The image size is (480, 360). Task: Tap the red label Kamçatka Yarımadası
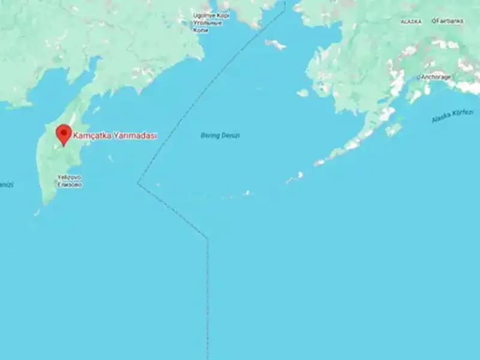click(x=115, y=136)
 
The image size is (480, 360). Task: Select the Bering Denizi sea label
click(x=220, y=136)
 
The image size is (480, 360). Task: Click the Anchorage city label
click(x=436, y=77)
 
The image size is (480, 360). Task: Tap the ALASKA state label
click(x=411, y=22)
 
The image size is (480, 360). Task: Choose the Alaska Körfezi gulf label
click(x=452, y=116)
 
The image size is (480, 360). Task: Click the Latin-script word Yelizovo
click(x=69, y=178)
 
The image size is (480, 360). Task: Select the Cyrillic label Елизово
click(x=70, y=185)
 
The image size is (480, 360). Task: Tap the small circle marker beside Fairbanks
click(x=433, y=21)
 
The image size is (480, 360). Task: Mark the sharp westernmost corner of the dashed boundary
click(x=138, y=183)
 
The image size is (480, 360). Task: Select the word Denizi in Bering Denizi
click(x=229, y=136)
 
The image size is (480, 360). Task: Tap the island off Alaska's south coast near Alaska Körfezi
click(x=393, y=130)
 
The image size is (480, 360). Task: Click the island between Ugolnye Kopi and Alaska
click(x=275, y=44)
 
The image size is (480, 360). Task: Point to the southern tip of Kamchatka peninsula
click(x=38, y=212)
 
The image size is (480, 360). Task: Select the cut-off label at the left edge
click(x=6, y=185)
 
